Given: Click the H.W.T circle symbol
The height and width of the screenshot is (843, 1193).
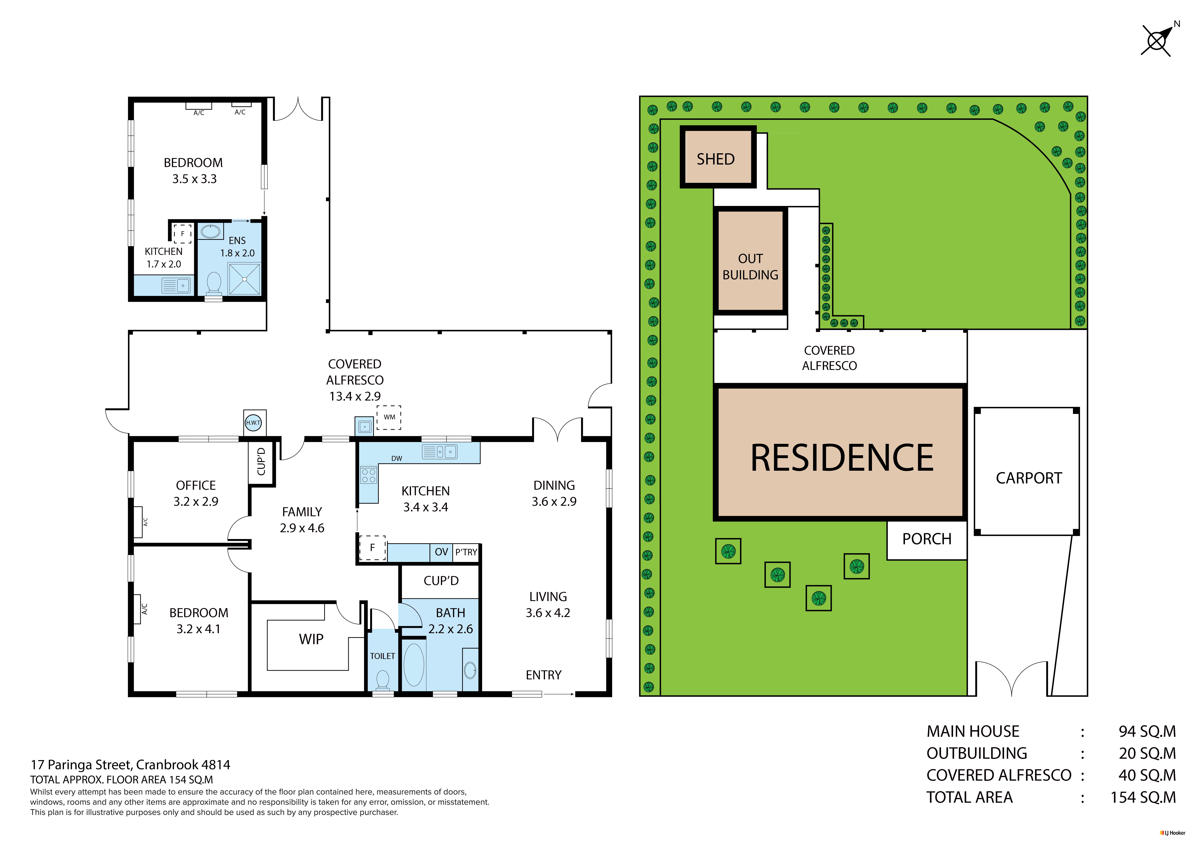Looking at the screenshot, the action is pos(253,423).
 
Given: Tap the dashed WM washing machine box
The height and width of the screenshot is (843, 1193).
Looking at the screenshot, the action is pos(389,418).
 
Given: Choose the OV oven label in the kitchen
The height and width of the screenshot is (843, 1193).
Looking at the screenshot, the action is pos(441,552).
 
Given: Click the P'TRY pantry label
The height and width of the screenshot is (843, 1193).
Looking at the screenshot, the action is pos(466,552).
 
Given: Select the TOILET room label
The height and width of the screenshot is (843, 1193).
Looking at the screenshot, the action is pos(382,656).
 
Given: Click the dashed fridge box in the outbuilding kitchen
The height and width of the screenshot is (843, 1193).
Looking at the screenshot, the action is pos(182,234).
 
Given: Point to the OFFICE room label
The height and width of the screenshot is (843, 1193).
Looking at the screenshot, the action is pos(196,486).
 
